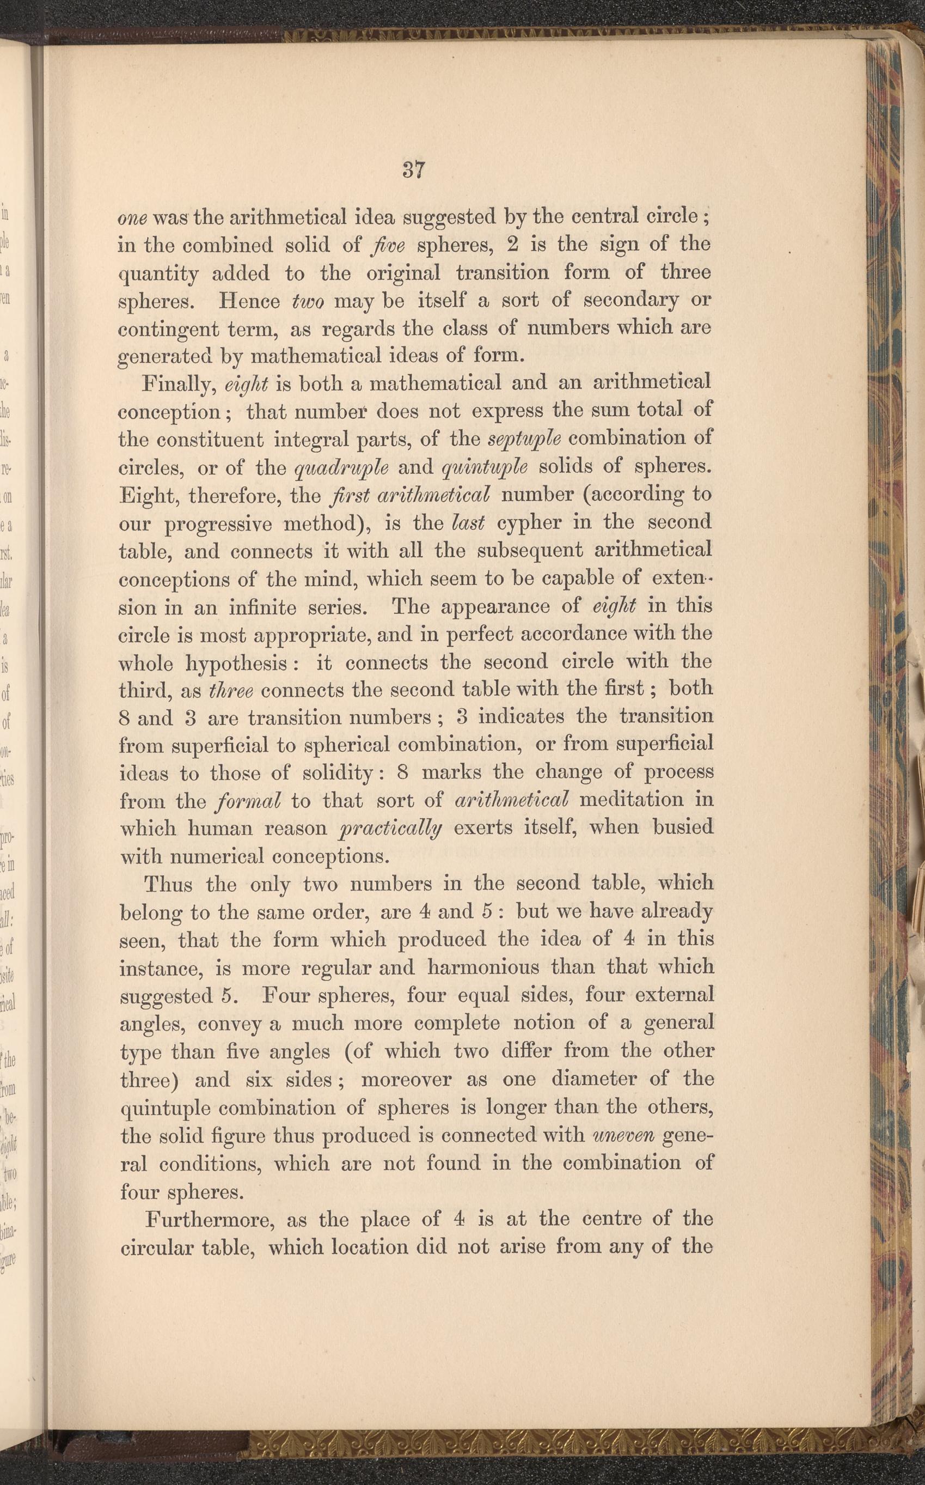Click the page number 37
[x=414, y=169]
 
